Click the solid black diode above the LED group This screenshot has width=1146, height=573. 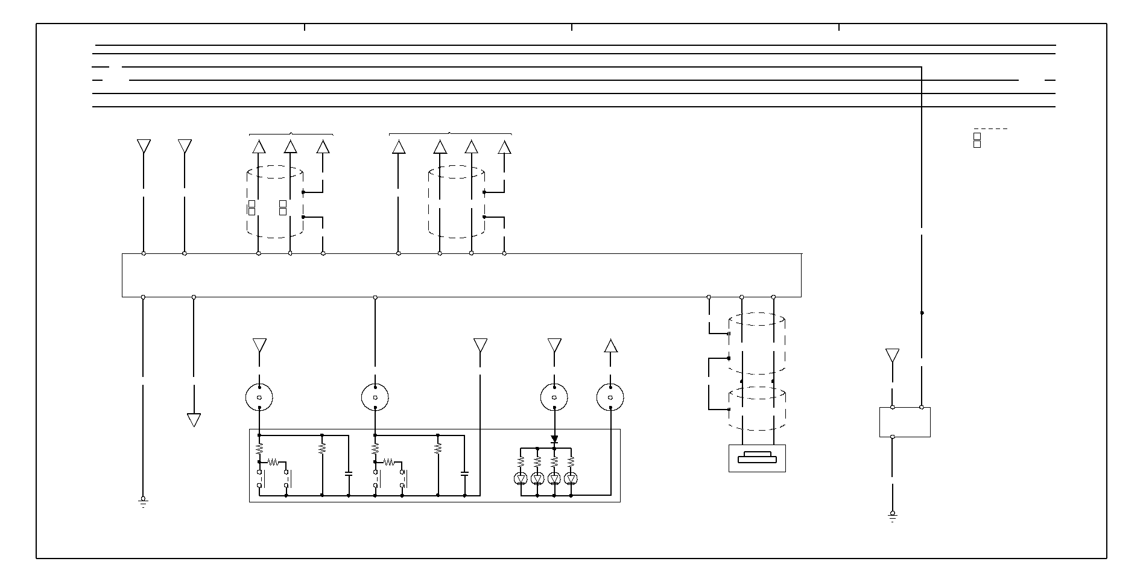click(554, 439)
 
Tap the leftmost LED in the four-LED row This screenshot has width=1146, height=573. click(522, 479)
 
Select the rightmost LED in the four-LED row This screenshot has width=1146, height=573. click(571, 479)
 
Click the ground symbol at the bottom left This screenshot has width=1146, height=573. click(143, 502)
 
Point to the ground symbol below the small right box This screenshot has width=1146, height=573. click(892, 516)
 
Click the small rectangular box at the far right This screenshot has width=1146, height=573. click(905, 422)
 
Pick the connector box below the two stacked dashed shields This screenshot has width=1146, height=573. click(757, 458)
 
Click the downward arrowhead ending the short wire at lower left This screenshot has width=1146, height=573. click(194, 420)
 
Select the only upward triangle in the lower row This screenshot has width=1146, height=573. click(610, 346)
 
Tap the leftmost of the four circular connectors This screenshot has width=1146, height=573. click(259, 397)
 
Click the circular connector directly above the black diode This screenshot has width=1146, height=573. click(554, 397)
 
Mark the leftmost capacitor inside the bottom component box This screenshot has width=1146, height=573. click(349, 474)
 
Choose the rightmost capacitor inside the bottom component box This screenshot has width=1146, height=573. click(464, 474)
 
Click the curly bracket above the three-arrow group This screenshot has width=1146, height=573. click(291, 133)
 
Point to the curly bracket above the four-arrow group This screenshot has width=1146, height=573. click(450, 133)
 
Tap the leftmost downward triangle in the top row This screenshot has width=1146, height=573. click(144, 146)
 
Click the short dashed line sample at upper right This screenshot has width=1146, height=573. click(990, 128)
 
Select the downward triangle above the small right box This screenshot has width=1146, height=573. click(892, 355)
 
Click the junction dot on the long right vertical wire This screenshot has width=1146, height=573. click(922, 313)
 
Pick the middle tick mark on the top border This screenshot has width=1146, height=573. click(572, 27)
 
